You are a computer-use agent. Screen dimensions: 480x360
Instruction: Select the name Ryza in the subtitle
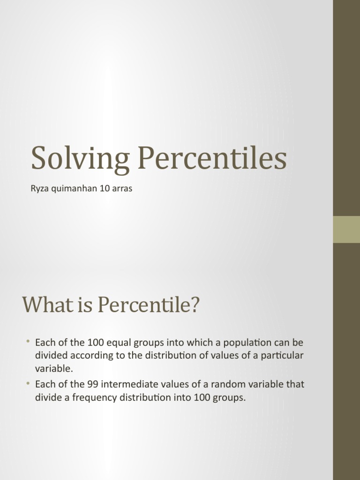(39, 191)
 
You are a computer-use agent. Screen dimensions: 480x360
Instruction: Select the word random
(227, 385)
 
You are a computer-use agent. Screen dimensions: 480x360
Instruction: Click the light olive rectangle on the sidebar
(346, 230)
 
